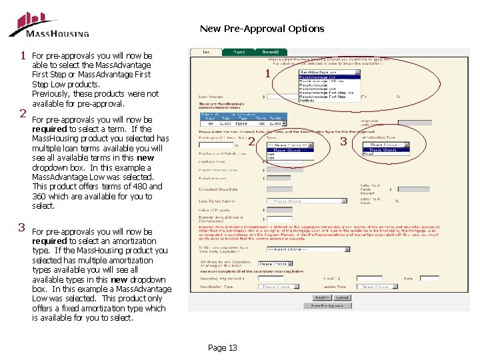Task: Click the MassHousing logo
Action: click(x=48, y=25)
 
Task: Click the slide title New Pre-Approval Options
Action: click(x=262, y=29)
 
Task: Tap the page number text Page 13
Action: click(x=222, y=347)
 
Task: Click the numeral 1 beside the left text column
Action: click(x=23, y=55)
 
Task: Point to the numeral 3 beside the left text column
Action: click(x=22, y=227)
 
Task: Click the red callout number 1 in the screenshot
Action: click(x=267, y=74)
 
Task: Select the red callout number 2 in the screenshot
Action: click(x=251, y=141)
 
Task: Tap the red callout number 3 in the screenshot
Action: click(x=344, y=141)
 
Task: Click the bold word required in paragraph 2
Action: click(x=50, y=129)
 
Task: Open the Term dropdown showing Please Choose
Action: click(x=289, y=145)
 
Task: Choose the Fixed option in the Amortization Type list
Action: click(x=369, y=154)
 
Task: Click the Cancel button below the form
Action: click(x=342, y=297)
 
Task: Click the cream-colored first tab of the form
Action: click(x=207, y=51)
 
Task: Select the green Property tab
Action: click(x=239, y=51)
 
